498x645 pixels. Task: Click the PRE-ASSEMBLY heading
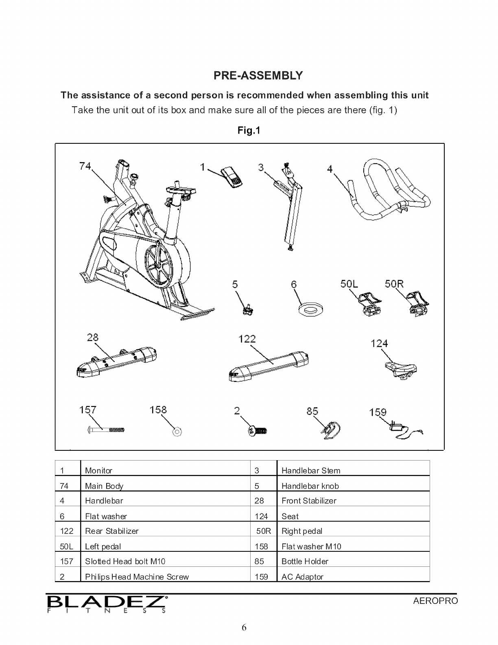(x=258, y=75)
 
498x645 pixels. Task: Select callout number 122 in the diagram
(x=247, y=339)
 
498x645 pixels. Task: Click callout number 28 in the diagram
(x=93, y=338)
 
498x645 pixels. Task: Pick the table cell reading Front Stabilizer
(x=309, y=501)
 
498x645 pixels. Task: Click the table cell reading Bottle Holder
(x=305, y=562)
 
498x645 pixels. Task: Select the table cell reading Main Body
(x=104, y=486)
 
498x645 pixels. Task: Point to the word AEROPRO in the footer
(x=435, y=601)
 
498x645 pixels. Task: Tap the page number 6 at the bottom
(x=244, y=627)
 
